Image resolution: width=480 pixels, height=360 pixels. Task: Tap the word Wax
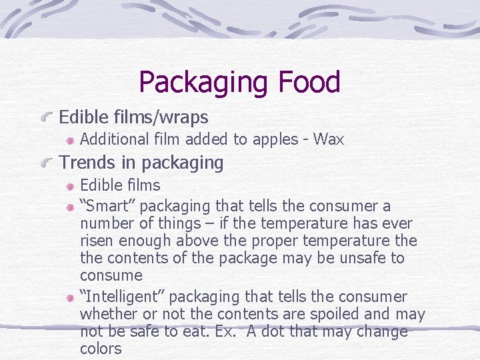point(329,139)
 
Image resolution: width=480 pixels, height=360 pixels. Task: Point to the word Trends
point(83,162)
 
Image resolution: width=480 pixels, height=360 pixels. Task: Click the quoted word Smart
point(108,206)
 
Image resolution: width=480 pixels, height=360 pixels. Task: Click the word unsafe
point(361,258)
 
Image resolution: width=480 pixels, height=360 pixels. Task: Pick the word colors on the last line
point(101,349)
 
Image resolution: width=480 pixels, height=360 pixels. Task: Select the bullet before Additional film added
point(69,140)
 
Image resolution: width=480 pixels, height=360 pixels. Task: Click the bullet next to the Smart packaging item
point(69,207)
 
